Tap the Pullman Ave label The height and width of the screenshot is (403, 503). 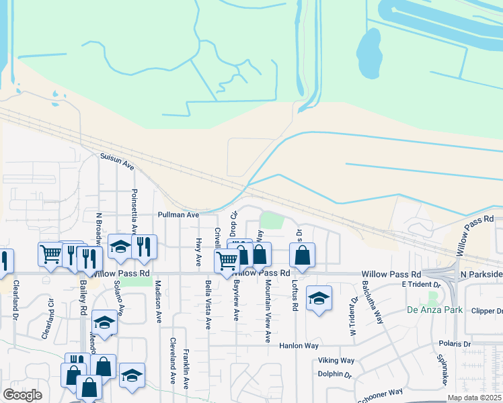[178, 215]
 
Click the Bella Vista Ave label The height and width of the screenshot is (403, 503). [208, 305]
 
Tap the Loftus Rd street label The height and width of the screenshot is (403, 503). [295, 296]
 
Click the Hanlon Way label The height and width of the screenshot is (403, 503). [299, 346]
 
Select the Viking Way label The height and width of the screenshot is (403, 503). [336, 361]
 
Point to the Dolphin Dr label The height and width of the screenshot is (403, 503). [335, 375]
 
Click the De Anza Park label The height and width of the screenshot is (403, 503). [435, 310]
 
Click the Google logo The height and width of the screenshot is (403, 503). [22, 395]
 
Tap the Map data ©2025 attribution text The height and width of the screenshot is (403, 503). [474, 398]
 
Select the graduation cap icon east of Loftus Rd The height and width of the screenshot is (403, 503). [319, 298]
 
